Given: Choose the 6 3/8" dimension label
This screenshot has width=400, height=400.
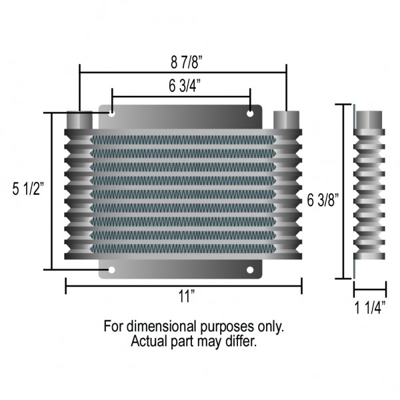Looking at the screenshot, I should [323, 198].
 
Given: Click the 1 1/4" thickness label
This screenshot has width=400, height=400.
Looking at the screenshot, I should [369, 307].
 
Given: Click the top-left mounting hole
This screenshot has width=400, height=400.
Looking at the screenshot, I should [112, 114].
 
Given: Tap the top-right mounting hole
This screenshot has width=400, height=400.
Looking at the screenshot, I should [251, 114].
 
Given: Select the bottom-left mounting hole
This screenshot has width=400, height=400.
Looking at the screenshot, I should [112, 270].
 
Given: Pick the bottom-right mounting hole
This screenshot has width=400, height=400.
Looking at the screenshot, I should [251, 270].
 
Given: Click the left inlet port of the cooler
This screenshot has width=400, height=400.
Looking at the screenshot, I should [80, 121].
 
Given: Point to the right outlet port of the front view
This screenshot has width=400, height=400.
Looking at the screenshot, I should [287, 121].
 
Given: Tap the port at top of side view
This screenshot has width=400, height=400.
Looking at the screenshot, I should [369, 119].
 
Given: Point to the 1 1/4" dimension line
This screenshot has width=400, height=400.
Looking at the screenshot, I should [369, 289].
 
